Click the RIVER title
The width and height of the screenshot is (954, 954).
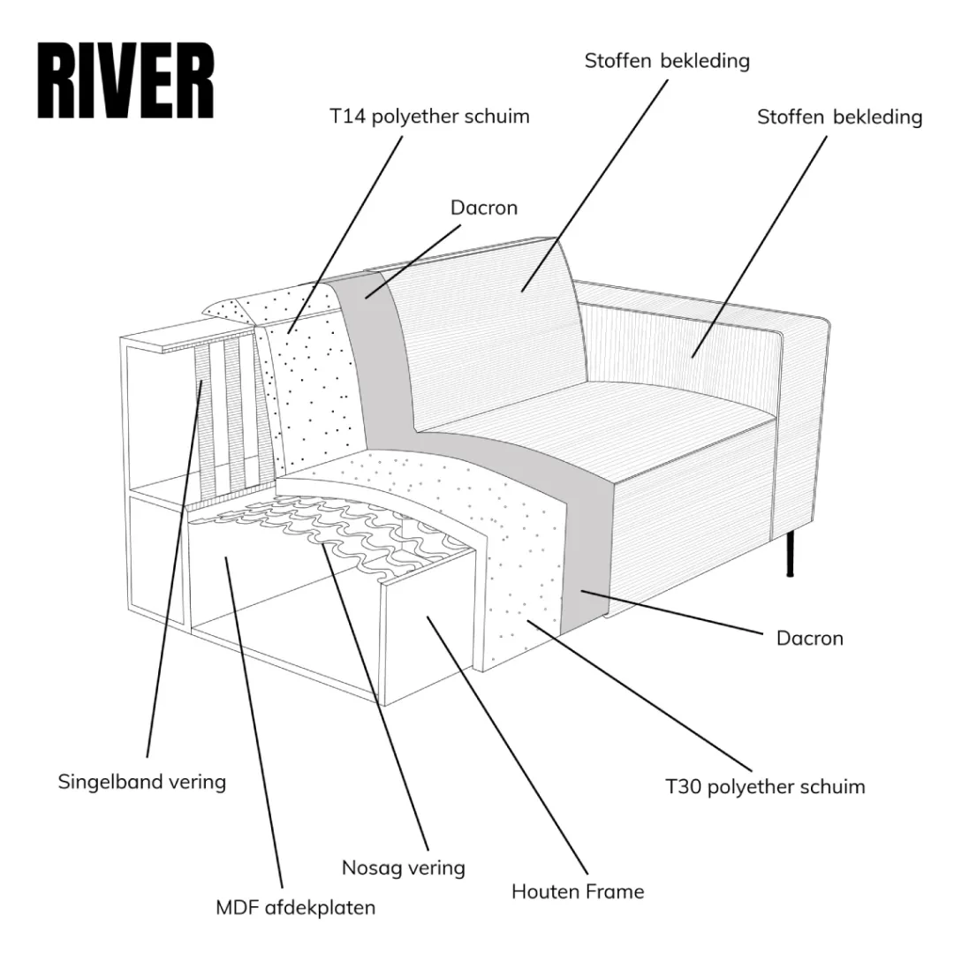click(x=125, y=81)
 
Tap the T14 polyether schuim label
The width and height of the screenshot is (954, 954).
click(x=430, y=116)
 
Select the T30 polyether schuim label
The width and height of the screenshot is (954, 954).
click(x=765, y=786)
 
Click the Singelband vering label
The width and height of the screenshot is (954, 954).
click(x=142, y=782)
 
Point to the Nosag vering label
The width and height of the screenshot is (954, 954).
click(x=404, y=867)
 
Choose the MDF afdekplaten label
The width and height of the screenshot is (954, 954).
click(x=296, y=907)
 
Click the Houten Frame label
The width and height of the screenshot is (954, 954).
click(x=578, y=891)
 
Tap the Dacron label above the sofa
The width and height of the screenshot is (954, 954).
click(x=484, y=208)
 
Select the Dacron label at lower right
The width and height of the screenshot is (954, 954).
click(x=810, y=638)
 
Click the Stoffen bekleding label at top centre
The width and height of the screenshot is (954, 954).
click(x=667, y=61)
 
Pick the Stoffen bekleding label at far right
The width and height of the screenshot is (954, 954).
click(x=839, y=117)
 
